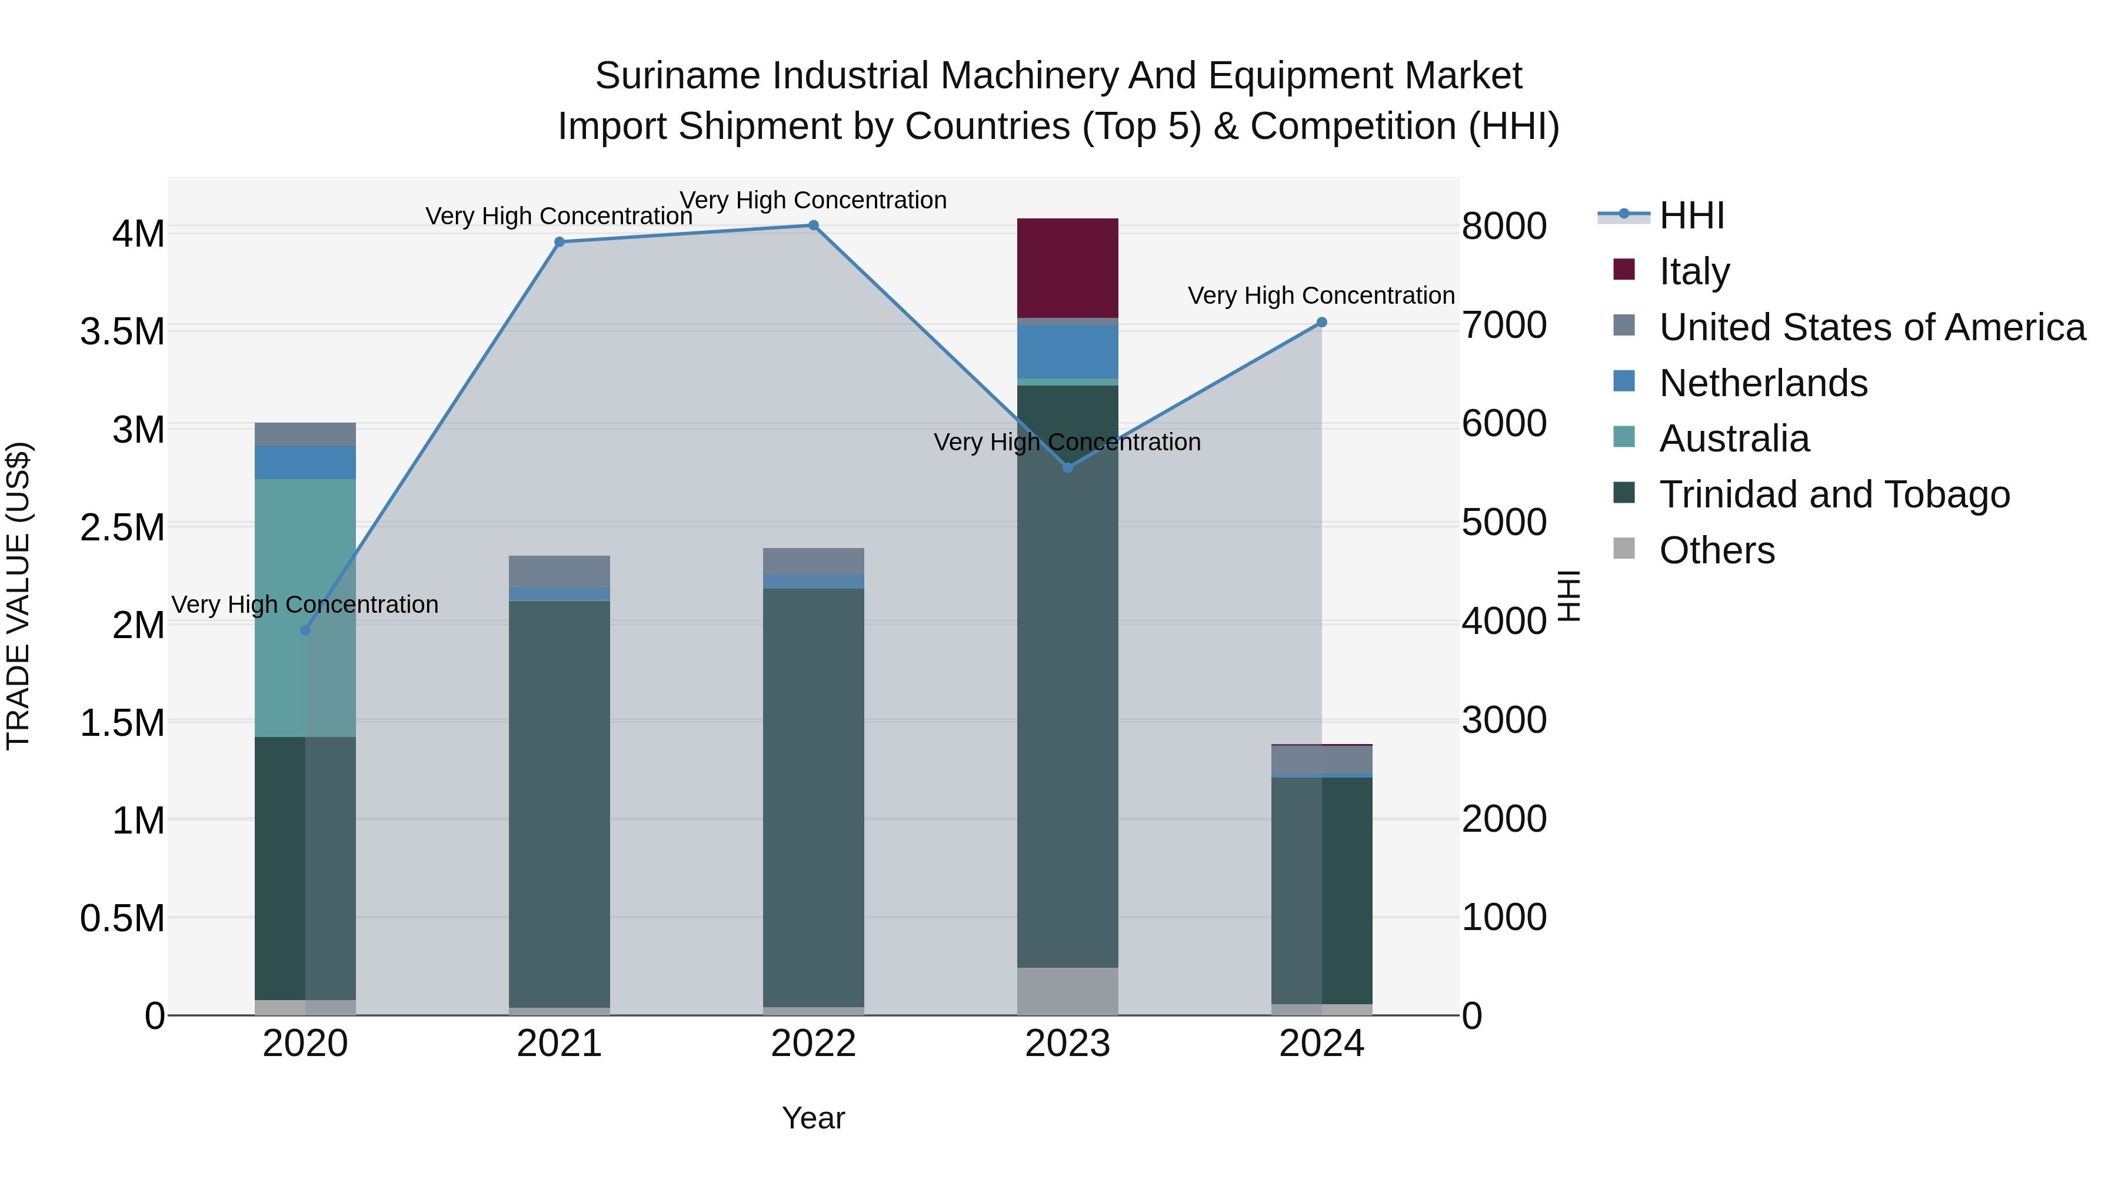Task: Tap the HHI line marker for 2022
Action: [813, 225]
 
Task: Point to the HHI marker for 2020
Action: [305, 630]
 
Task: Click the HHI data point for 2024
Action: [1321, 323]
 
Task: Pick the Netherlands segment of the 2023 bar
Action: [1067, 351]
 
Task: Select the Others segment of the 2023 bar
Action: [1067, 991]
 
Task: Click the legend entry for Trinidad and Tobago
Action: [1833, 494]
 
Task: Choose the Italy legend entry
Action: [1694, 271]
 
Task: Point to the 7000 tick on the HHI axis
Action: [1504, 325]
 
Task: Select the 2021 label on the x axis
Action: [559, 1044]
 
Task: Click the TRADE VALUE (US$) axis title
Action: [18, 596]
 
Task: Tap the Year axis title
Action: [812, 1118]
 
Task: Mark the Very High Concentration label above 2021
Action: [558, 217]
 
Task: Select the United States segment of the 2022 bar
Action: [813, 561]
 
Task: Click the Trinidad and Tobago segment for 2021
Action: [559, 803]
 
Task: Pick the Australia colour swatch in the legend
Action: [1624, 437]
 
